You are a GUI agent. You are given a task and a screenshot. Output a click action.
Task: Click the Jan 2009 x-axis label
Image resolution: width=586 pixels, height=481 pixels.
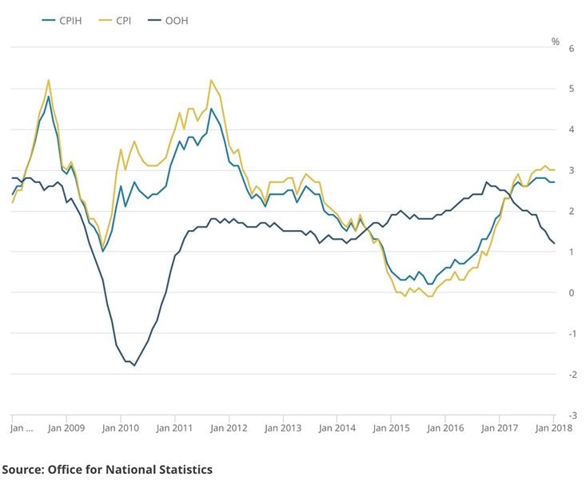(66, 428)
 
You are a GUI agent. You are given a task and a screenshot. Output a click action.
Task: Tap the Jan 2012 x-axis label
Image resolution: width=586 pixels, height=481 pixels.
(229, 428)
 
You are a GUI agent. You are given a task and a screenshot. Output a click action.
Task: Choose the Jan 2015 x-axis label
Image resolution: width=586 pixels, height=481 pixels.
(392, 428)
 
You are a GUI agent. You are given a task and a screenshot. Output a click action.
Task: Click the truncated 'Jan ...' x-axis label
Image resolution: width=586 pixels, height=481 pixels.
(21, 428)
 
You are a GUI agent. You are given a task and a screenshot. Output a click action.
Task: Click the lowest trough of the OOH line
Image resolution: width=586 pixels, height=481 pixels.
(134, 366)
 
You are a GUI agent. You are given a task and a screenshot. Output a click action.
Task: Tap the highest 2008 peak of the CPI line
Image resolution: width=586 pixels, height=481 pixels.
(49, 80)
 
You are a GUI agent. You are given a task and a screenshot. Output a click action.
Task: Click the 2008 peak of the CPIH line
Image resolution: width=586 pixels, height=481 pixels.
(49, 97)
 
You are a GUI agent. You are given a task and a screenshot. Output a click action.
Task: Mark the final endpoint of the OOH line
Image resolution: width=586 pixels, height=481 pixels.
(555, 243)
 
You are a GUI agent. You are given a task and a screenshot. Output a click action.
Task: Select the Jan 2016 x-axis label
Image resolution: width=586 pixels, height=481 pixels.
(445, 428)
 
